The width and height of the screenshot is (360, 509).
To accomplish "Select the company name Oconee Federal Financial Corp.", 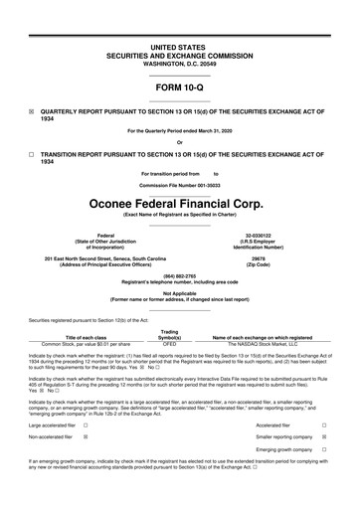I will click(179, 204).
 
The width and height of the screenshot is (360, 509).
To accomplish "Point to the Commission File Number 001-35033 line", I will click(179, 186).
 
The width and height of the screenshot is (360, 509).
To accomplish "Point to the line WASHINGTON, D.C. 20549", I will click(179, 63).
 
